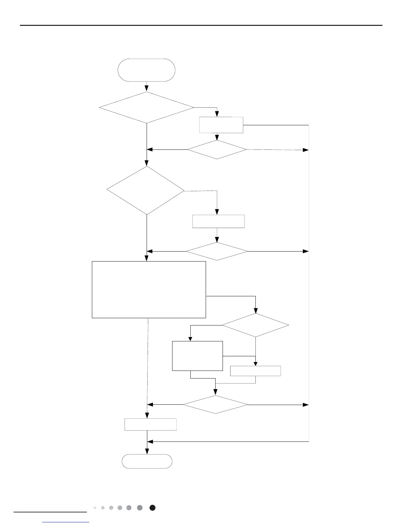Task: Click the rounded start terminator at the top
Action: [146, 70]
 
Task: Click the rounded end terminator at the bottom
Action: [147, 461]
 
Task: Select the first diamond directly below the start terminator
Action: [146, 107]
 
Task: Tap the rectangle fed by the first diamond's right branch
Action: [221, 125]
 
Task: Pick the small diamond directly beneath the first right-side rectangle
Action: [217, 149]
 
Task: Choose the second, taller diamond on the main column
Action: [146, 190]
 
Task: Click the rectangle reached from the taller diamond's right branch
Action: [218, 221]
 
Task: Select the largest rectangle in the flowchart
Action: [149, 289]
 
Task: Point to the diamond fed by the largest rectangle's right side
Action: [255, 325]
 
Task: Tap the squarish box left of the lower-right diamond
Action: [197, 356]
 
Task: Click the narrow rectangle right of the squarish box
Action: [255, 371]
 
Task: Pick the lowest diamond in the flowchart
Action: [216, 404]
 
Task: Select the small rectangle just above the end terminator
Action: [150, 424]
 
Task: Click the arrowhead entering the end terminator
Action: [147, 452]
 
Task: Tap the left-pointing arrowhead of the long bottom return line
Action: [150, 441]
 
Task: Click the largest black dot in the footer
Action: [152, 508]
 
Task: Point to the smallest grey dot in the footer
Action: [95, 508]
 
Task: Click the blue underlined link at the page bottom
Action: [66, 522]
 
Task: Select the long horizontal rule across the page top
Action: [201, 25]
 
